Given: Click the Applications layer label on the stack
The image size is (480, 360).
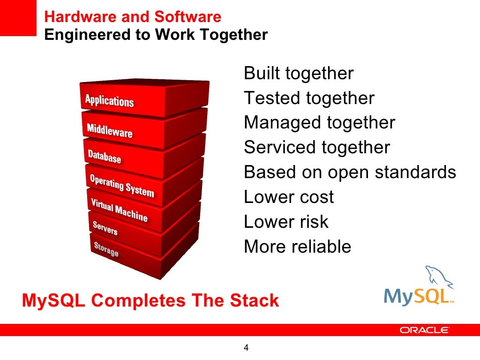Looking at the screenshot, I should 109,101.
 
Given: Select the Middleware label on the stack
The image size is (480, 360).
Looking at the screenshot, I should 110,131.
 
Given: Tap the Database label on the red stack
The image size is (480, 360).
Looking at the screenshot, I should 105,157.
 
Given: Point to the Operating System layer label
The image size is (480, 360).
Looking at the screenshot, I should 121,186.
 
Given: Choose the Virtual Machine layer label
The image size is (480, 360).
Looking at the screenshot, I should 119,210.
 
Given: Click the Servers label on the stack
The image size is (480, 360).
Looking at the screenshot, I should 105,229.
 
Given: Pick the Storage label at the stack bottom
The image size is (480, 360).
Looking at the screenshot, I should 106,249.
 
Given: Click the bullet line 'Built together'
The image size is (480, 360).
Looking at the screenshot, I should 299,74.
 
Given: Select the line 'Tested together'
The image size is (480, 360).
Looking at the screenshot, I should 309,98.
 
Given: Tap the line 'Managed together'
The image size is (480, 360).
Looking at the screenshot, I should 319,123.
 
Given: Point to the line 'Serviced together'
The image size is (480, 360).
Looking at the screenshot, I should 317,148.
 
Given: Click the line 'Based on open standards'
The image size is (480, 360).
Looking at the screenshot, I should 350,172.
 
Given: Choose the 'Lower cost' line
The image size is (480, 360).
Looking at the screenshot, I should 289,197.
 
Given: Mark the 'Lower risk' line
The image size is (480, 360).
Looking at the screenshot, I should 286,221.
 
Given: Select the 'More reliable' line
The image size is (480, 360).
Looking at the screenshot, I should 297,246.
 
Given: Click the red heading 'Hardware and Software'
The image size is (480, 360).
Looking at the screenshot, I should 133,17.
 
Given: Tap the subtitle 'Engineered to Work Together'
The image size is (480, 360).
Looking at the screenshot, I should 156,35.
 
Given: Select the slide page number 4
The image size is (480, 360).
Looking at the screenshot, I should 246,348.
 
